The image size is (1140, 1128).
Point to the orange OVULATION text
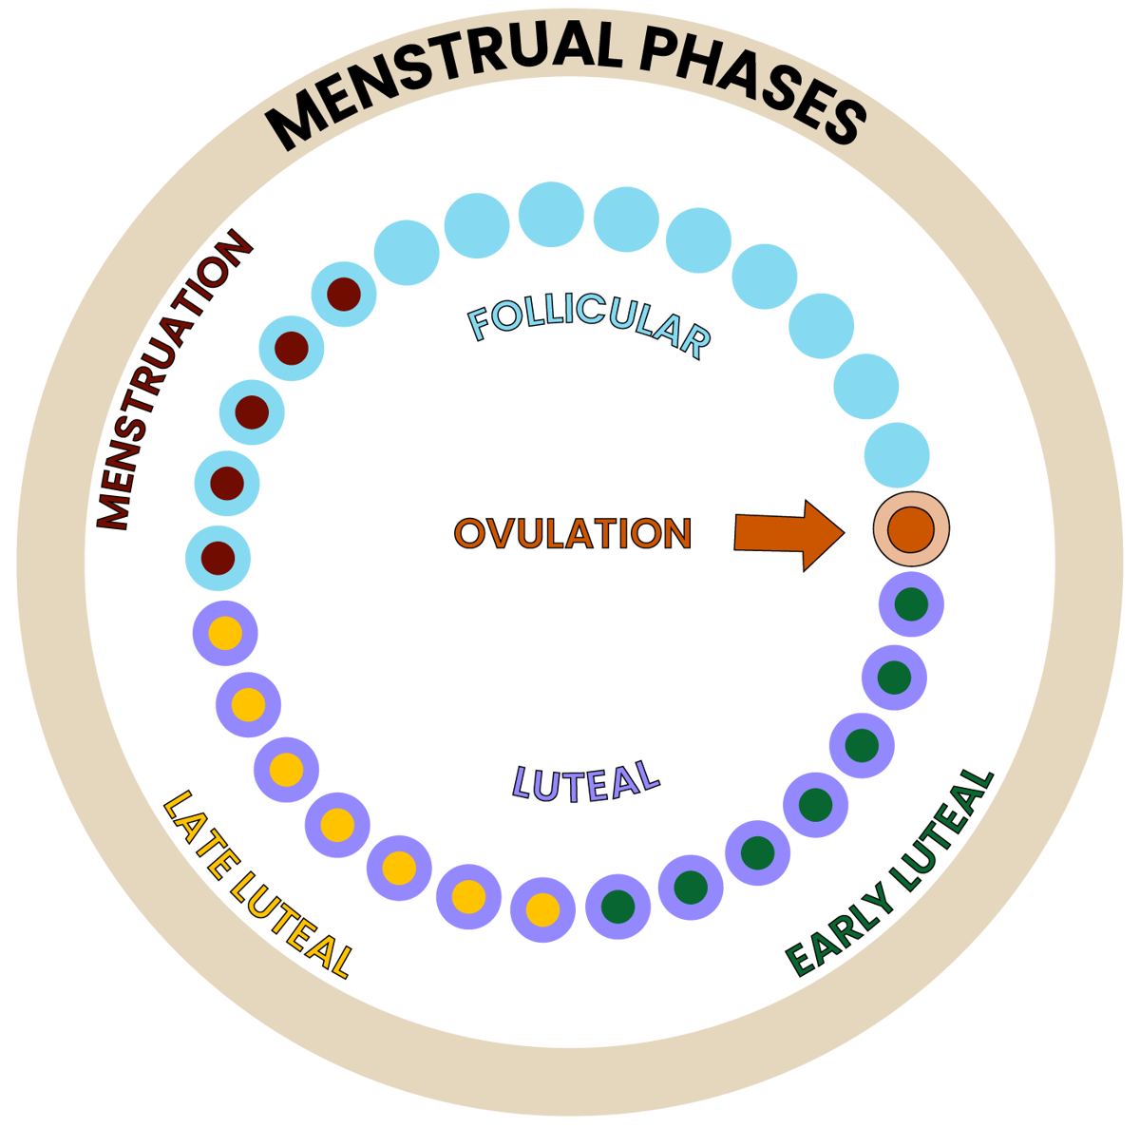(573, 533)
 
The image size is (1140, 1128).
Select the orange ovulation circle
(911, 529)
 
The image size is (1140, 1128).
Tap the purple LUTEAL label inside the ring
(585, 782)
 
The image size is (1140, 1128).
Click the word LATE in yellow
(203, 835)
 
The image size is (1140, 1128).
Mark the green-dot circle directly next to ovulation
(911, 604)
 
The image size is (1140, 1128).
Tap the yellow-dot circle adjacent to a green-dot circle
(542, 909)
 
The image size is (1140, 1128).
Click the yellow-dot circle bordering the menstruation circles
(225, 633)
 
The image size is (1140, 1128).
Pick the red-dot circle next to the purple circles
(218, 557)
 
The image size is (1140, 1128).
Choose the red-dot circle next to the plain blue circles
(344, 294)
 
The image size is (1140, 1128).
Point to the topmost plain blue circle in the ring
(551, 215)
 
